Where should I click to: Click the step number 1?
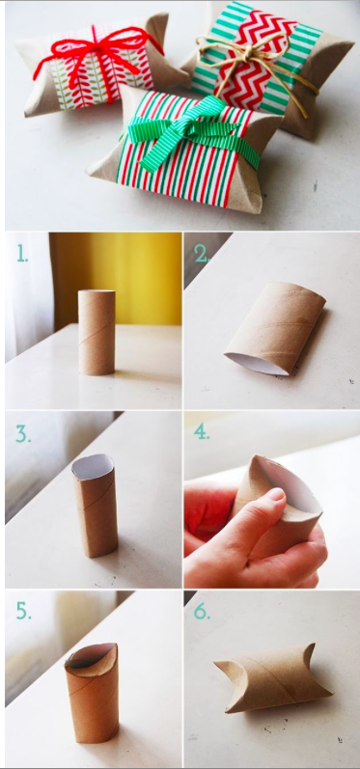click(x=22, y=254)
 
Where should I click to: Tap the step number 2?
click(x=201, y=254)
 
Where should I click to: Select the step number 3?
click(x=23, y=433)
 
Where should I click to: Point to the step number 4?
click(x=202, y=432)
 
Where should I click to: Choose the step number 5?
click(x=23, y=611)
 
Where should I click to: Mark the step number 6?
click(x=202, y=611)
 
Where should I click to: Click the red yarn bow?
click(x=98, y=55)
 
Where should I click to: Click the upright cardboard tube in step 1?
click(x=97, y=332)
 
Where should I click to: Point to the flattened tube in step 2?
click(x=275, y=328)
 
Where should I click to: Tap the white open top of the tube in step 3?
click(x=93, y=466)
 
